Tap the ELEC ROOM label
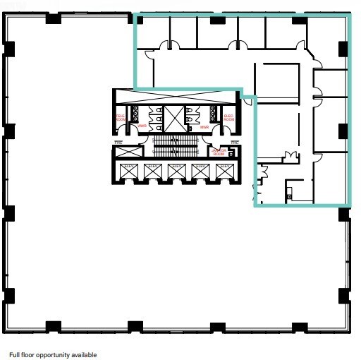click(228, 119)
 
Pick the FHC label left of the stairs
click(118, 143)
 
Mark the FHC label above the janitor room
click(233, 143)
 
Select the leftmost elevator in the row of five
click(128, 171)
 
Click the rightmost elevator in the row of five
click(224, 171)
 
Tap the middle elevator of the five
click(176, 171)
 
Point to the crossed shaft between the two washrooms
click(173, 118)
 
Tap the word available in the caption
click(82, 355)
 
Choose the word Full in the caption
click(15, 355)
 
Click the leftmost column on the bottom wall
click(52, 327)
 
